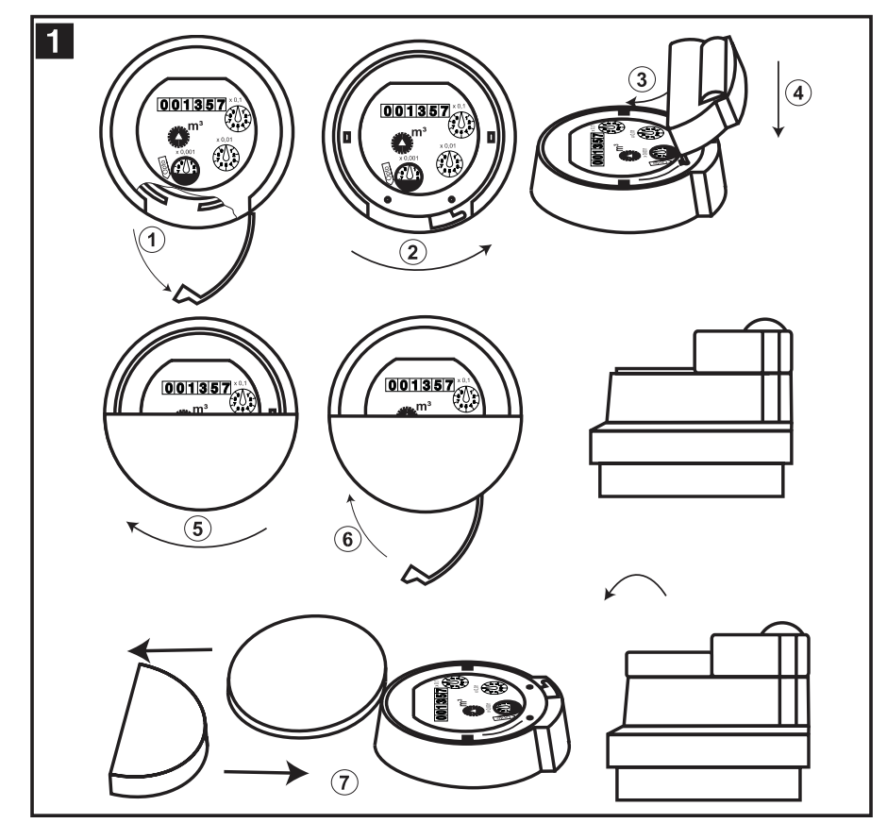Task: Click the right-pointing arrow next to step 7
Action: (x=267, y=771)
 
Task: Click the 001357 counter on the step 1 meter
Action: (x=192, y=105)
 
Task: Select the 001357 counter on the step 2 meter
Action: (x=414, y=111)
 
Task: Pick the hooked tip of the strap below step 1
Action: (x=190, y=294)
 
